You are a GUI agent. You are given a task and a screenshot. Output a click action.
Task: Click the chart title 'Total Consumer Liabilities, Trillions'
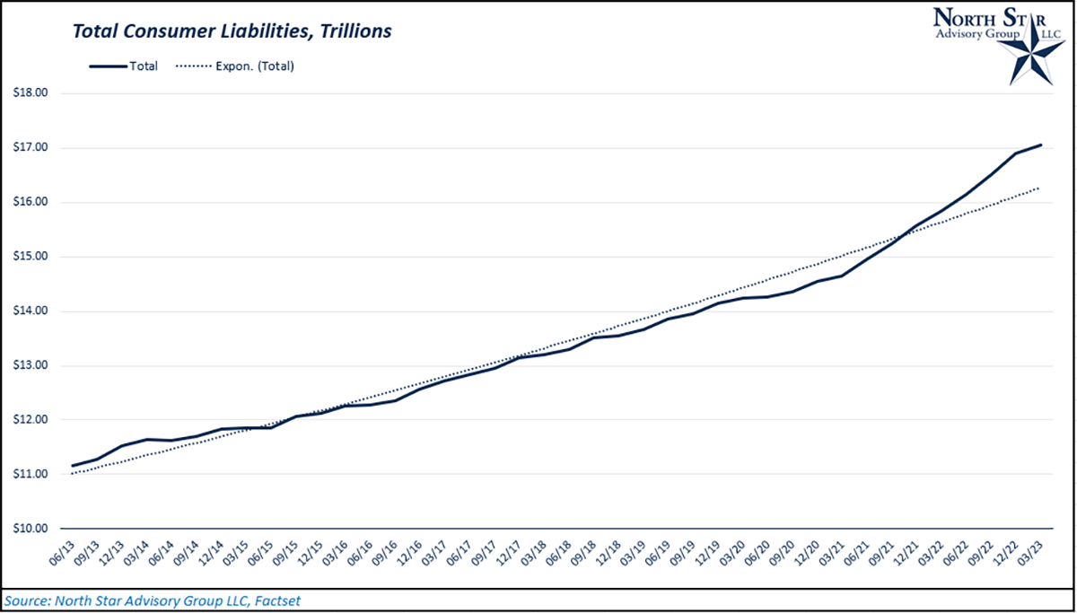tap(232, 31)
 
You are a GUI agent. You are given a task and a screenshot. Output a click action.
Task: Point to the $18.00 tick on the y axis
tap(30, 93)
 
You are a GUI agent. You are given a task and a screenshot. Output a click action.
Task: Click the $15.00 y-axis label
tap(30, 257)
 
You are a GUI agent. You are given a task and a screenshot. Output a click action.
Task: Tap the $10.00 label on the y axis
tap(30, 529)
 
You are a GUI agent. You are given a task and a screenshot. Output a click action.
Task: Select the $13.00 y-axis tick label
tap(30, 365)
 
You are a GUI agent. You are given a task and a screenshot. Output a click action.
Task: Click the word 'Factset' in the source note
tap(277, 599)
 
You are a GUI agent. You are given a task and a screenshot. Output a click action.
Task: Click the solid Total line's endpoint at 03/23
tap(1041, 144)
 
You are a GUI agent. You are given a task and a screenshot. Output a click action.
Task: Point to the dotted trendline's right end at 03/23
tap(1041, 188)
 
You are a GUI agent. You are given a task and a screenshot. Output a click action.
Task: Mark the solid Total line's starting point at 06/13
tap(73, 466)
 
